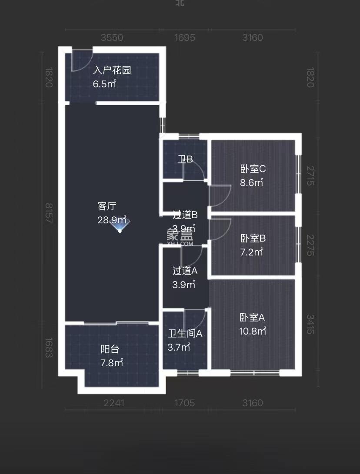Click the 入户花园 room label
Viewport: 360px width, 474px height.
tap(112, 70)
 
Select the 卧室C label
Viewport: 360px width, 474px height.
tap(253, 169)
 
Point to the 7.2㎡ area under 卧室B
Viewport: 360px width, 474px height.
tap(252, 252)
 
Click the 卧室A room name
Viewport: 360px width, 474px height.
tap(252, 318)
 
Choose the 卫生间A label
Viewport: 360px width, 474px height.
tap(185, 334)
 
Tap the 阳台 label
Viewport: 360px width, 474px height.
tap(110, 349)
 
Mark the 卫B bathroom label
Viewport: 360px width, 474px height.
tap(185, 159)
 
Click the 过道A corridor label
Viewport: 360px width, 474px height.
tap(185, 271)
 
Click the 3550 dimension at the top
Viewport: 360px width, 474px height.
tap(112, 38)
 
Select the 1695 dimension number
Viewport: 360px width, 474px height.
tap(184, 38)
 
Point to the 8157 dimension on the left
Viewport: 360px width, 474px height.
tap(48, 213)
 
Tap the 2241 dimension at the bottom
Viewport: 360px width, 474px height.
tap(114, 403)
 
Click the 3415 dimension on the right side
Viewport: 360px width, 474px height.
tap(310, 324)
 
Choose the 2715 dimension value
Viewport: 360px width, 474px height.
tap(310, 176)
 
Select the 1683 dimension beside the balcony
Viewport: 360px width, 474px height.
tap(48, 348)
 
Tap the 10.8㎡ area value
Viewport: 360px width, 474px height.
tap(253, 331)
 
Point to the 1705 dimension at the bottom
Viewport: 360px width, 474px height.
tap(184, 403)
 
